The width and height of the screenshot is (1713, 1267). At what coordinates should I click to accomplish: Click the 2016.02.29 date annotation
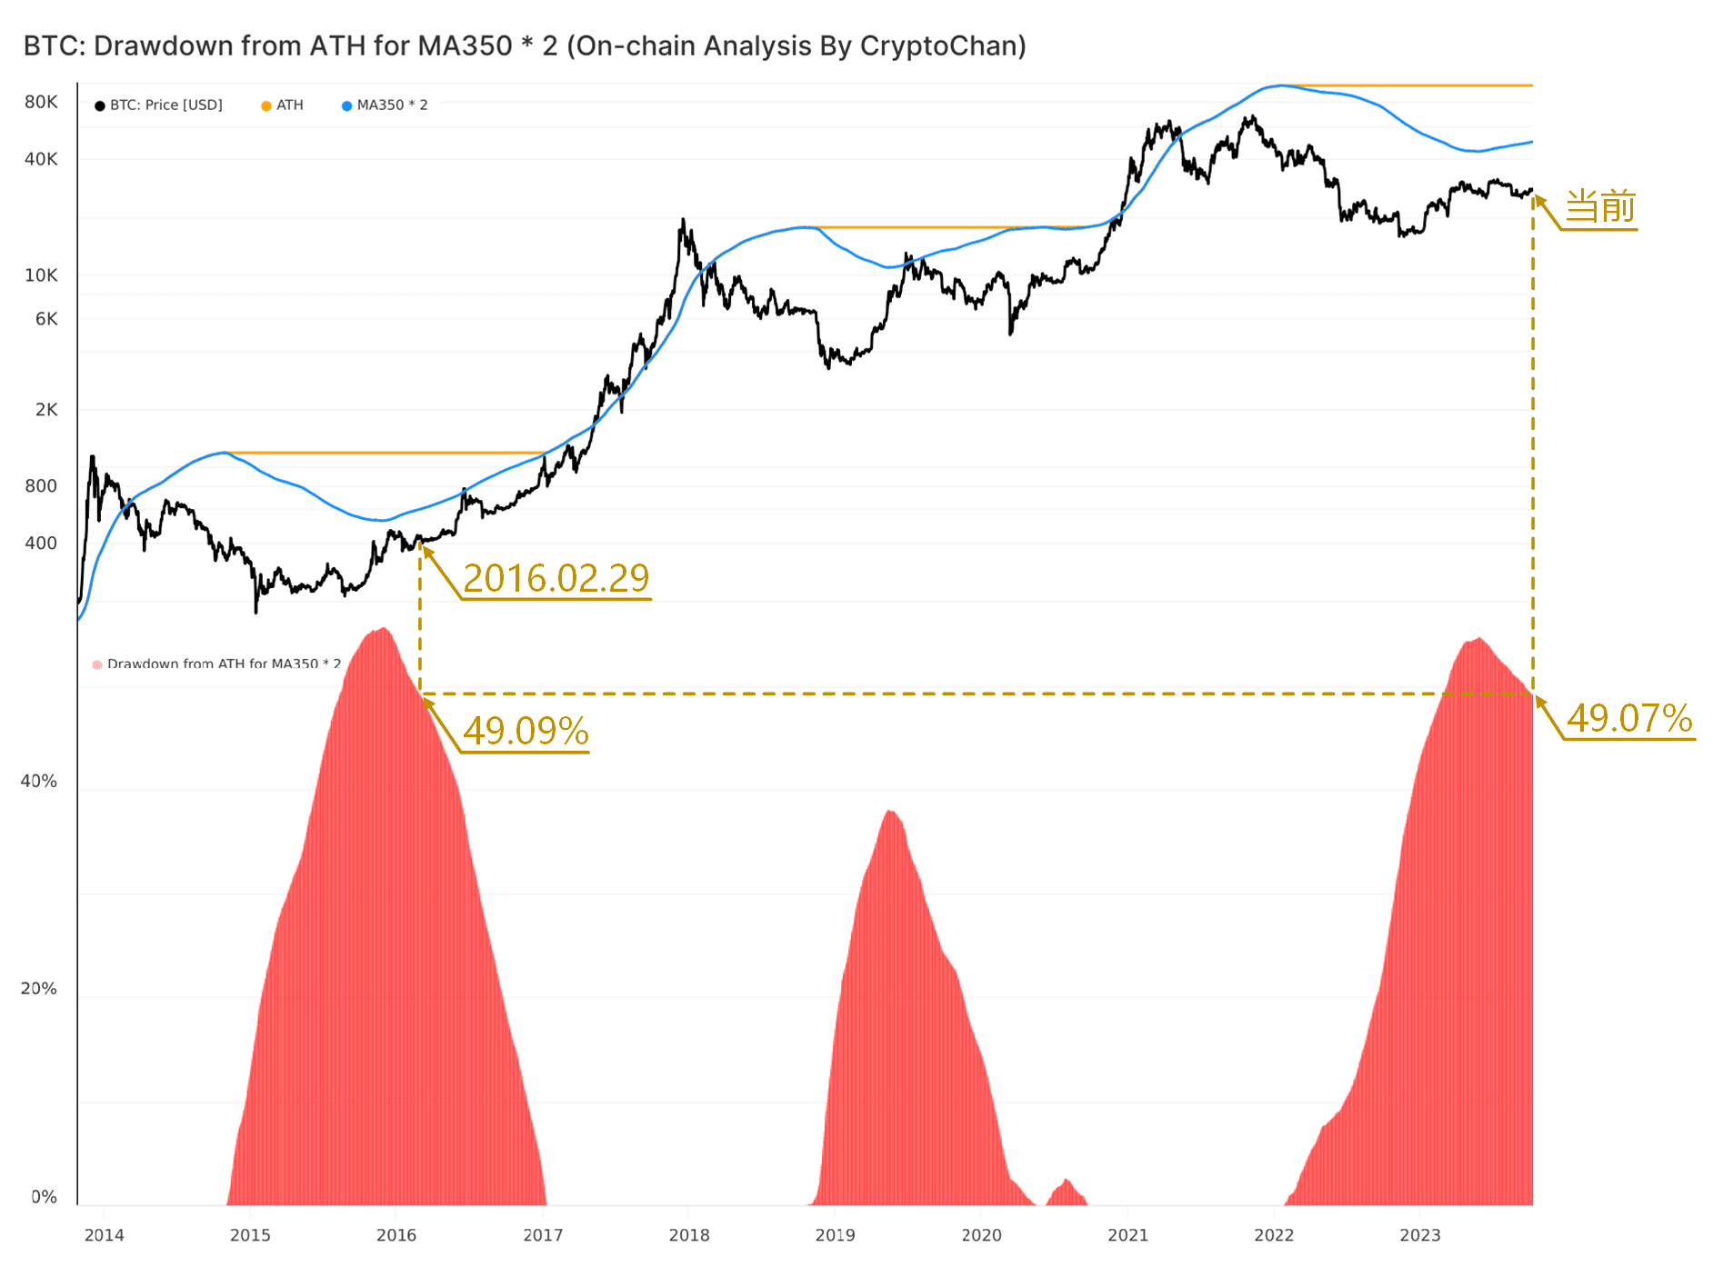(556, 578)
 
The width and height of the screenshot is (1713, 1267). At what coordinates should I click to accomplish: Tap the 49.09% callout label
(526, 731)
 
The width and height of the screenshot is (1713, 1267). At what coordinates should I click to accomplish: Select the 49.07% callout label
(1629, 718)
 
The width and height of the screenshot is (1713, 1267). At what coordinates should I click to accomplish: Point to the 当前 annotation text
(1600, 206)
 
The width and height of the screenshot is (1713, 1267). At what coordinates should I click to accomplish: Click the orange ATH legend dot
(266, 105)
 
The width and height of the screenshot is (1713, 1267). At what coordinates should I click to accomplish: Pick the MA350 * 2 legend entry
(385, 105)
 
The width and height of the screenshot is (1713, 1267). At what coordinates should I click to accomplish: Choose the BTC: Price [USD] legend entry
(158, 105)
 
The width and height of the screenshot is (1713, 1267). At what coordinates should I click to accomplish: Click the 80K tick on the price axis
(41, 102)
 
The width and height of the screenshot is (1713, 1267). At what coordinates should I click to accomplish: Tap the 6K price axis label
(46, 319)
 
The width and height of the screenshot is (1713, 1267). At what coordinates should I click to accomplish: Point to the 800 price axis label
(41, 486)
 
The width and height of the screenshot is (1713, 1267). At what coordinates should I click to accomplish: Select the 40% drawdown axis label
(39, 782)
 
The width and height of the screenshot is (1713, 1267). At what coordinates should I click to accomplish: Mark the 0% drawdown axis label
(45, 1197)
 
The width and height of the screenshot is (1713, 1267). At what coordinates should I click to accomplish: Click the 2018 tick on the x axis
(689, 1235)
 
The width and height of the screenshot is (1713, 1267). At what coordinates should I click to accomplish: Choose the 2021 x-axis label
(1127, 1235)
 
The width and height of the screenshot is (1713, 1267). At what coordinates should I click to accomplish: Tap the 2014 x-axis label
(105, 1235)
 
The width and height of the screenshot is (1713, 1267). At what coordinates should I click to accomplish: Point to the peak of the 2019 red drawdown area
(889, 811)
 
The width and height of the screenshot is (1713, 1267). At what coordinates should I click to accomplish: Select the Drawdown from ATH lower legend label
(224, 664)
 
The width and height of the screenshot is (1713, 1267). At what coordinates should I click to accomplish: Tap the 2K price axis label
(46, 410)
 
